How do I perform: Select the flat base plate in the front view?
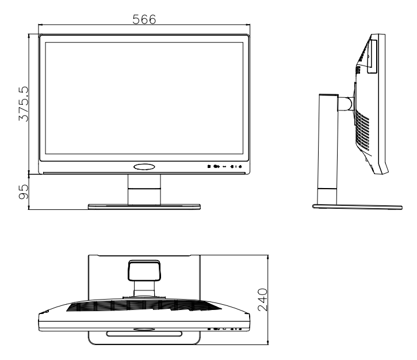(144, 206)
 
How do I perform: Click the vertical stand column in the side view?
(326, 150)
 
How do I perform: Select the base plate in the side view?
(356, 206)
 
